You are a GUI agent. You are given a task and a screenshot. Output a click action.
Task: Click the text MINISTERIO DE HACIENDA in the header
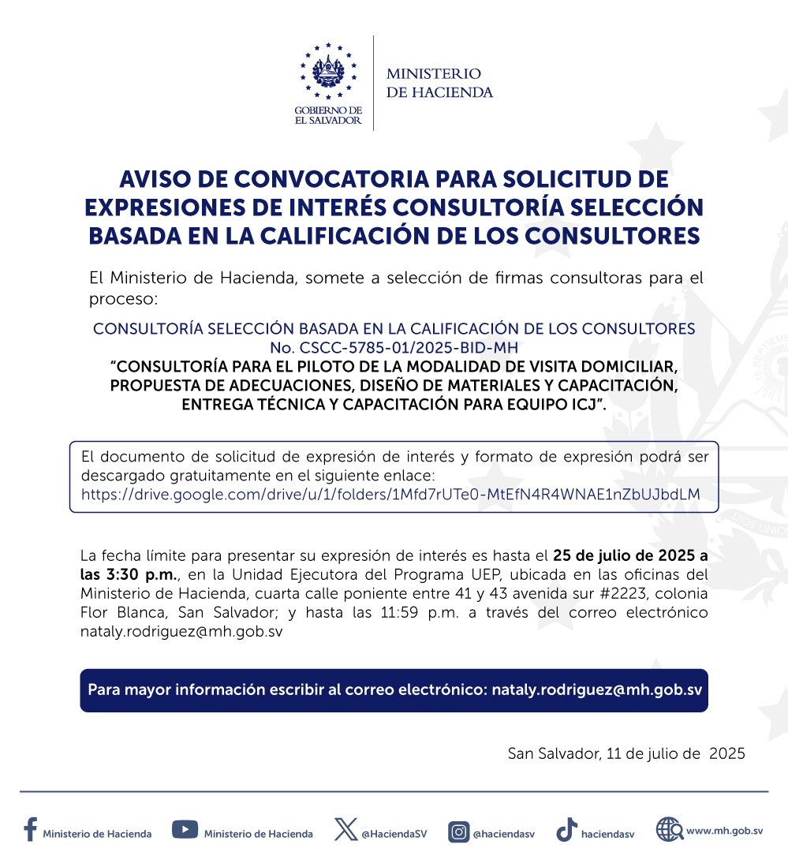coord(439,83)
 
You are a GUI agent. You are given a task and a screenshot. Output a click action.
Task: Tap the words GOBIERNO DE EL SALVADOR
coord(328,115)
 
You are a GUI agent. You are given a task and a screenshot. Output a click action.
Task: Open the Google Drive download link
coord(390,495)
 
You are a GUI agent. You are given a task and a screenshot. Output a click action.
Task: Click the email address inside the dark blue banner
coord(596,689)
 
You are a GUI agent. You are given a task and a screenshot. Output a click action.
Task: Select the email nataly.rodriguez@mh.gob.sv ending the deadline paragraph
coord(181,632)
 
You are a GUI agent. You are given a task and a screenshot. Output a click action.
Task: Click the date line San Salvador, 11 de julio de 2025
coord(626,753)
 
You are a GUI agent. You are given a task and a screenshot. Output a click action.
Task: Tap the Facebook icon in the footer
coord(30,830)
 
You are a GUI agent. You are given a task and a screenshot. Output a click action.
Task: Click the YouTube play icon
coord(185,829)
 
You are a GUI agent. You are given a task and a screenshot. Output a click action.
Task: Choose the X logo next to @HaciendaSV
coord(345,830)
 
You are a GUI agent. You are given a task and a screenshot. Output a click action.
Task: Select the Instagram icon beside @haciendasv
coord(458,831)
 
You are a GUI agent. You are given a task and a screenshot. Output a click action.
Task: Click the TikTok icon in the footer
coord(566,831)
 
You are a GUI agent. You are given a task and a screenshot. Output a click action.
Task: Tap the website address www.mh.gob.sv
coord(724,831)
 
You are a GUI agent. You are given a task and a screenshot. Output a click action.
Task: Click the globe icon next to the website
coord(669,830)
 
